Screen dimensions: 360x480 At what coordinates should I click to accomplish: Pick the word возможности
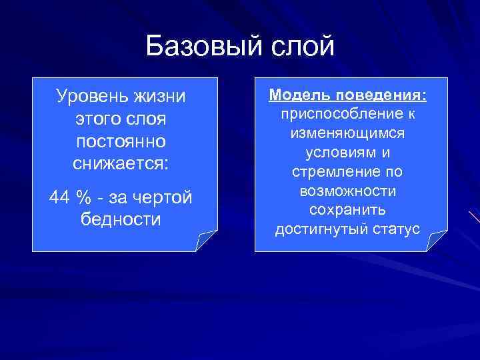pos(347,191)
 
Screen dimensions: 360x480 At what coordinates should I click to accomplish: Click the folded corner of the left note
pos(206,239)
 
